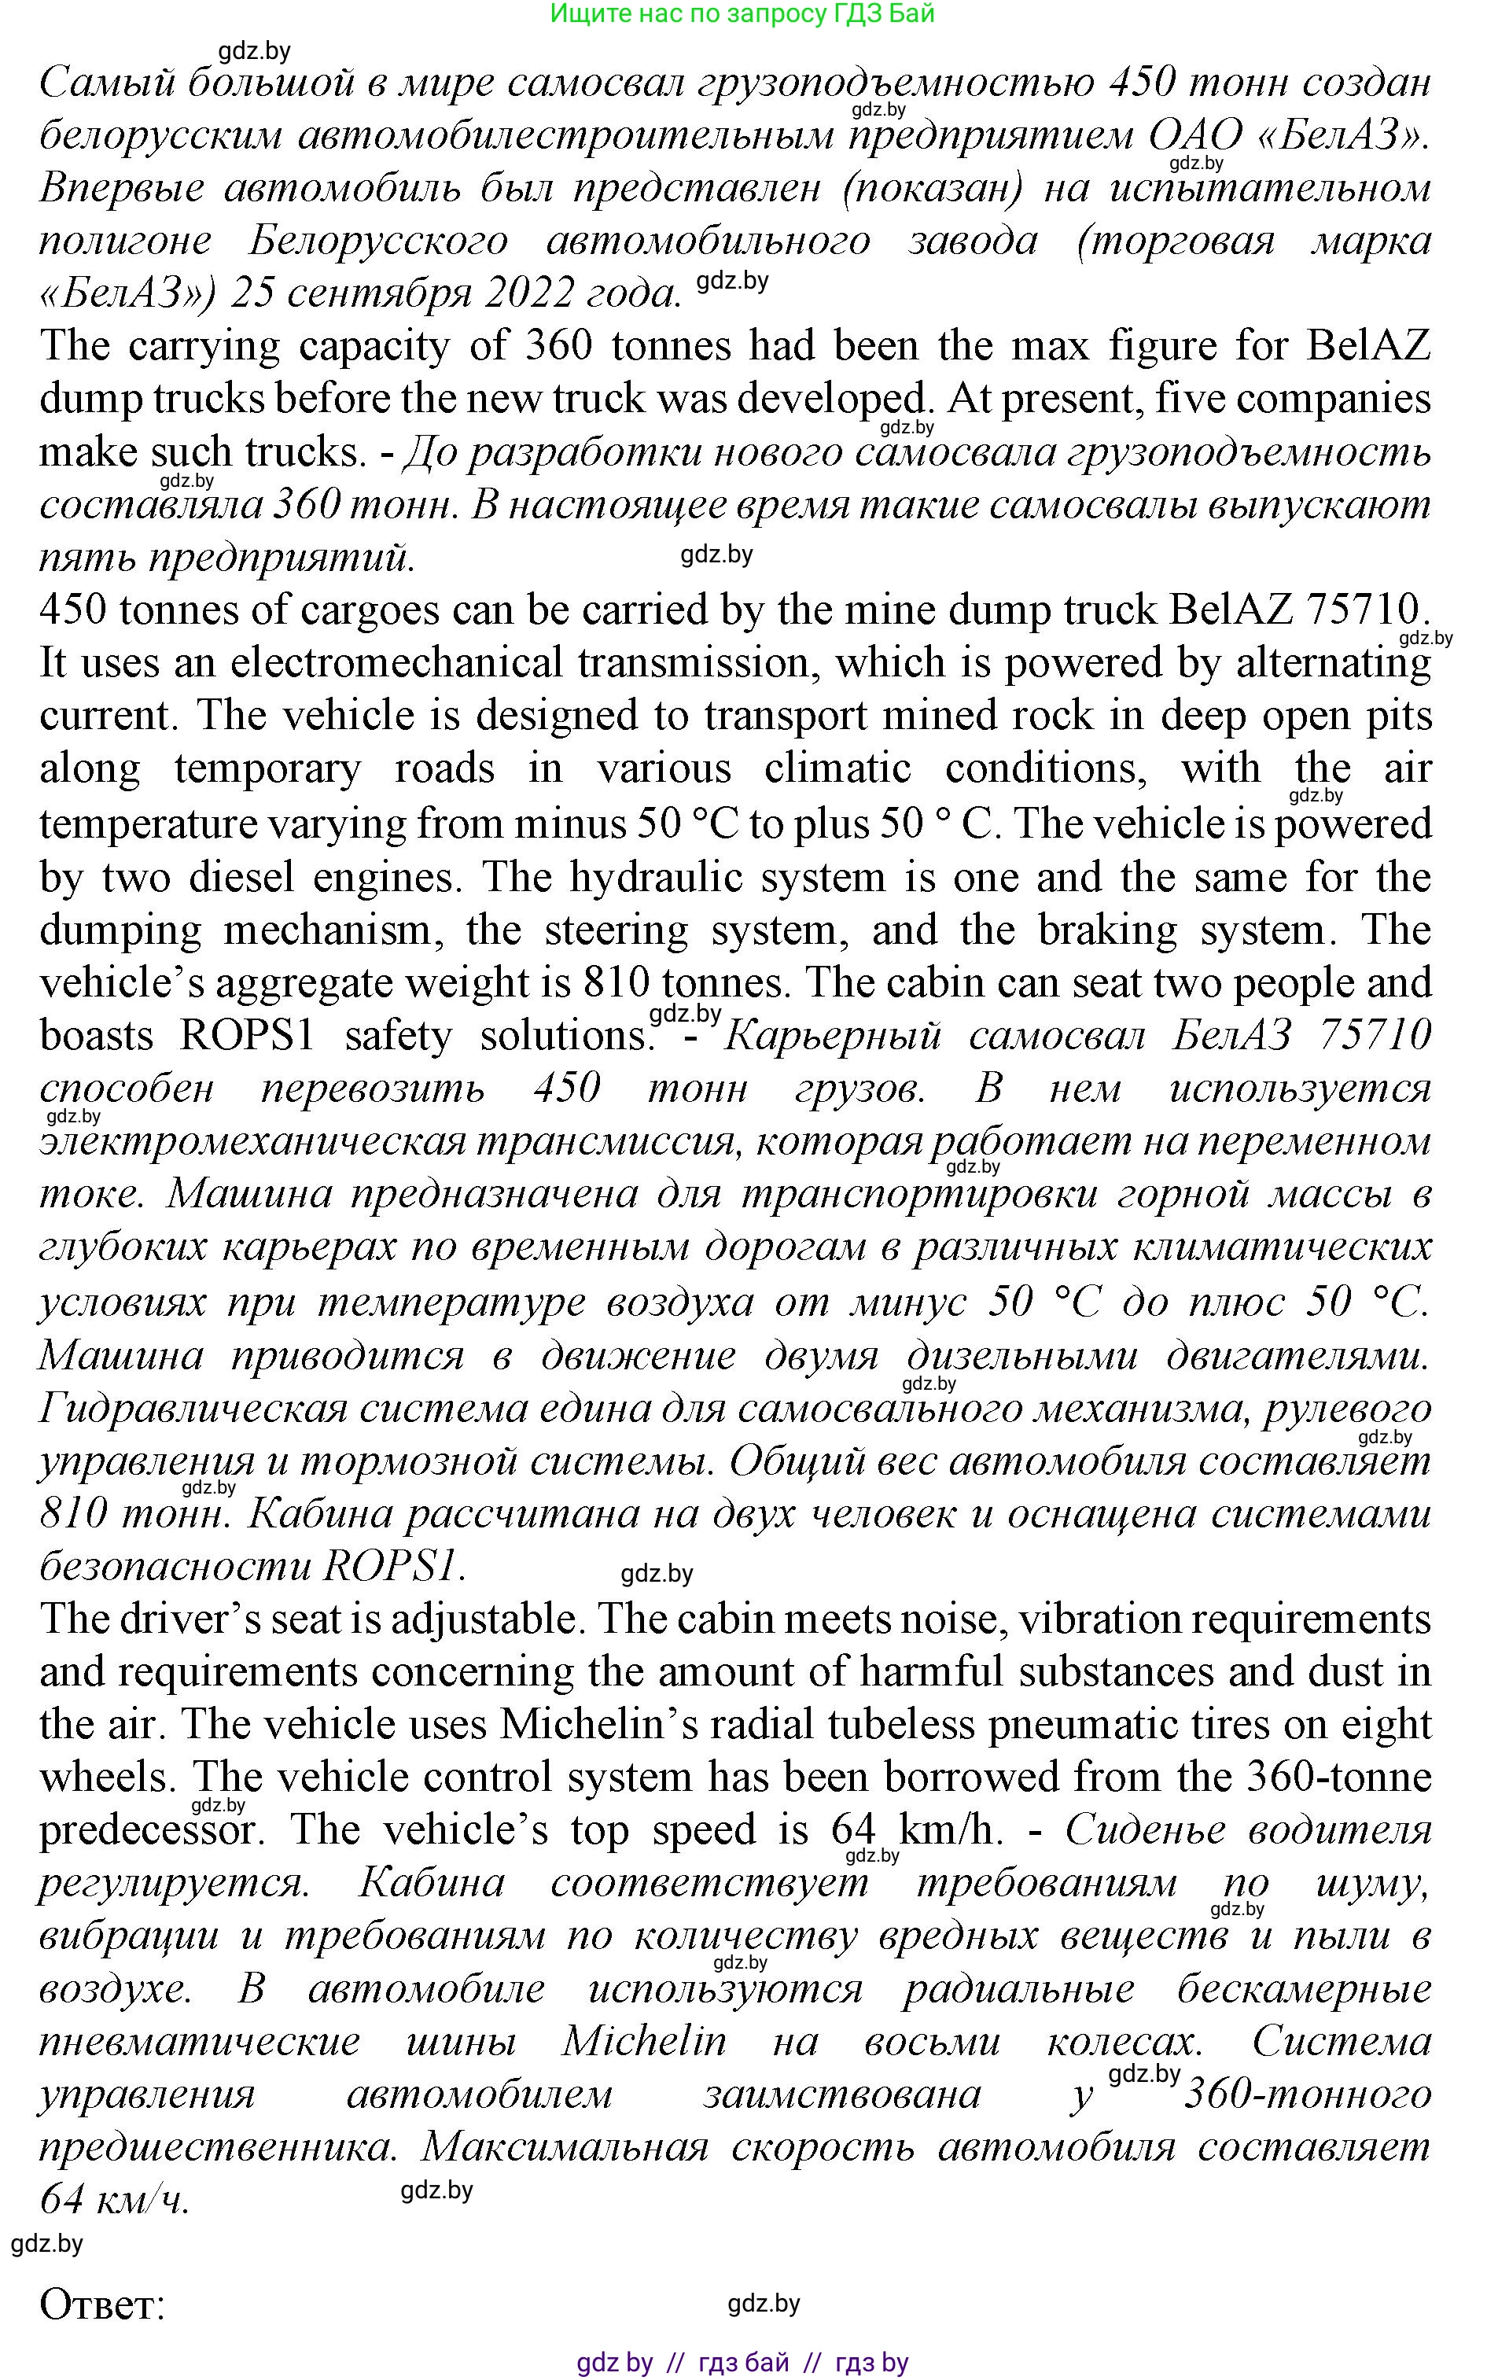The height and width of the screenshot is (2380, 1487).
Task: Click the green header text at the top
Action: (x=742, y=14)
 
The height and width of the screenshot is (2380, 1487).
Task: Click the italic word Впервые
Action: (x=122, y=187)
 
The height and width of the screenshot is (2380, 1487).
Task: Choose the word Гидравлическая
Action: (x=193, y=1409)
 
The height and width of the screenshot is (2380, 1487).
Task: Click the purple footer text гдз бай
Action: (x=744, y=2362)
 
